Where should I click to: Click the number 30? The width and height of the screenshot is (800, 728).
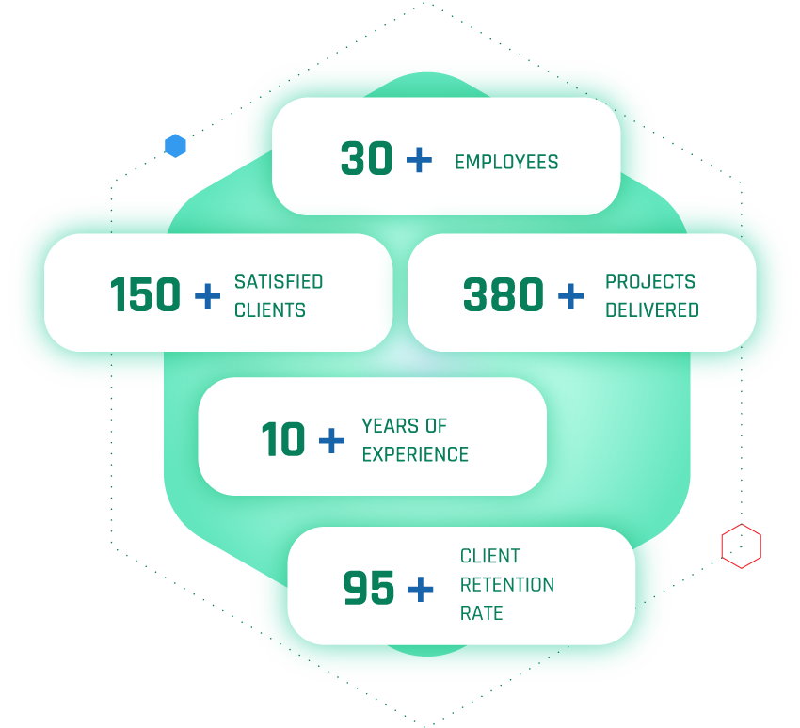(366, 159)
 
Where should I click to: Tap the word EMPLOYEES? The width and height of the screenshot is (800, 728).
(506, 162)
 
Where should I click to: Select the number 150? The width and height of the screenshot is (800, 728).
(145, 295)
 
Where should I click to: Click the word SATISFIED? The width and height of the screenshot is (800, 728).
(279, 281)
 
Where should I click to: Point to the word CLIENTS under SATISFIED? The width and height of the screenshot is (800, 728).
(270, 309)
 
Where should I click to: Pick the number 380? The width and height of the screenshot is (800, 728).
(504, 295)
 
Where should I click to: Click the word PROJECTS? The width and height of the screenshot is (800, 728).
(650, 281)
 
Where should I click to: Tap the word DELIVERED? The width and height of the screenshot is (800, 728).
(652, 309)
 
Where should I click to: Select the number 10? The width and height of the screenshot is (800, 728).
(283, 439)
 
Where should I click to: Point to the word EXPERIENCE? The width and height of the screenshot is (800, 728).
(415, 453)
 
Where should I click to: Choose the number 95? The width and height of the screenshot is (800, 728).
(369, 589)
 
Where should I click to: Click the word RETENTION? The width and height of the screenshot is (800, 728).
(507, 584)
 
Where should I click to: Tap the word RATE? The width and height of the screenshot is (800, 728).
(481, 613)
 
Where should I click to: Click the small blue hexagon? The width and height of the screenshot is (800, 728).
(175, 146)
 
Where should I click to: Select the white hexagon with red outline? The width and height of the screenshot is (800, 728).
(741, 546)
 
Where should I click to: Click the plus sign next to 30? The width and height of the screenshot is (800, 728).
(419, 160)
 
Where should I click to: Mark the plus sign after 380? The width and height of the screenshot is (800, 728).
(570, 296)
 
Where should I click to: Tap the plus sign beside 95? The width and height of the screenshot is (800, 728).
(420, 590)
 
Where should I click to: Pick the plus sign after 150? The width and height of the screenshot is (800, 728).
(207, 296)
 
